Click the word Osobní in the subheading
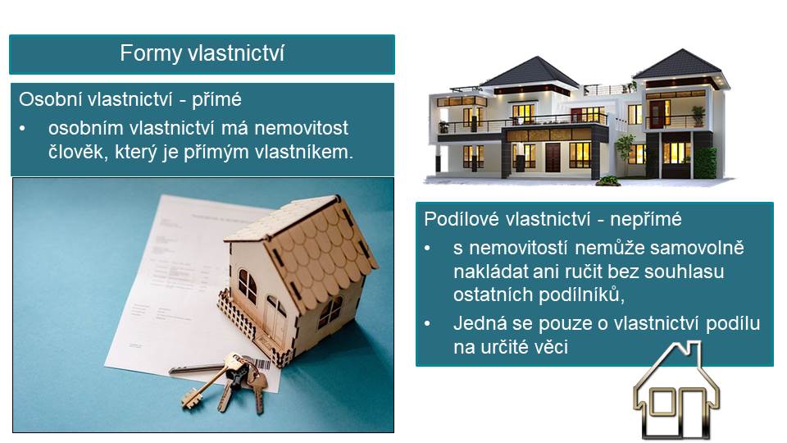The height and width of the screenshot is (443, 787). click(51, 99)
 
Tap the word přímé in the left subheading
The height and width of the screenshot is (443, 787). click(216, 100)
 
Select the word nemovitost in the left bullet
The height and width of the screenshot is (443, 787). click(301, 128)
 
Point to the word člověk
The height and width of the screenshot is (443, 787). click(79, 152)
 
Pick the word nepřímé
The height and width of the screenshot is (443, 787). click(646, 220)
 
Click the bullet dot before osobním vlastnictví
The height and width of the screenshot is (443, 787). click(22, 129)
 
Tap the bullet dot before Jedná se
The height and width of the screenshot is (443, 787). click(427, 324)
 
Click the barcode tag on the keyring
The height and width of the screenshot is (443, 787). click(262, 363)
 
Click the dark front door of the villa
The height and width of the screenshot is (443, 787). click(553, 158)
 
